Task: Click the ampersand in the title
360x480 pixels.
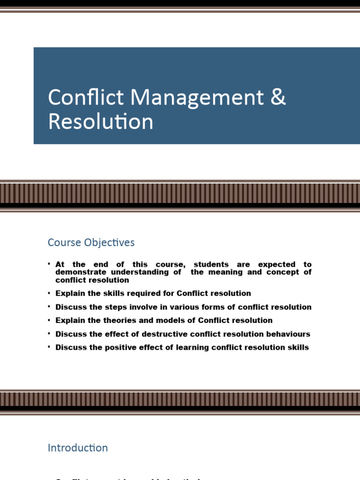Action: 278,97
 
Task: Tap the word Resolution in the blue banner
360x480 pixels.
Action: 100,121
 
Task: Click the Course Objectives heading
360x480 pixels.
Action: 91,242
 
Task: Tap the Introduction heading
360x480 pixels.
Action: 78,448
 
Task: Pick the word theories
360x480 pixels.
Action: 114,321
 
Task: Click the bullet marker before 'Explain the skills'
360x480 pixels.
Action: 49,293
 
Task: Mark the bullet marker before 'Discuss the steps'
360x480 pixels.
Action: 49,307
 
